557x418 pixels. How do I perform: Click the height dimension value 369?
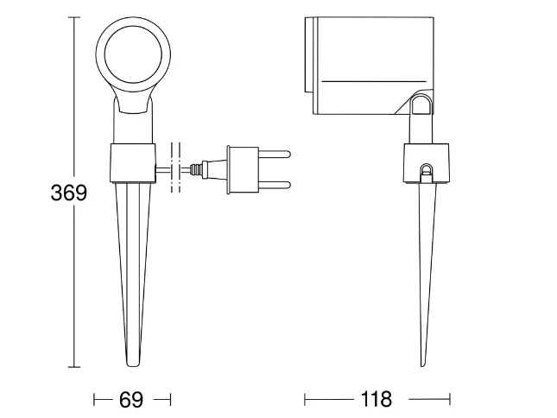coord(69,193)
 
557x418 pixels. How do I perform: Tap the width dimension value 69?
coord(131,400)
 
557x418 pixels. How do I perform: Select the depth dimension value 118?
coord(377,399)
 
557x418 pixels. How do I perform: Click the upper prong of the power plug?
coord(275,155)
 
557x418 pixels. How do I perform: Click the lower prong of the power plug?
coord(275,185)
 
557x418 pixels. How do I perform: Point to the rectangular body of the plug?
coord(243,170)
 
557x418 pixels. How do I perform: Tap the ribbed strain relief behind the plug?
coord(196,170)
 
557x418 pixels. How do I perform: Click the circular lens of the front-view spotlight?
coord(133,57)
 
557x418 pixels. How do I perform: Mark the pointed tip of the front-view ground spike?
coord(133,365)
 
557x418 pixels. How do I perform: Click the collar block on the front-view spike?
coord(133,163)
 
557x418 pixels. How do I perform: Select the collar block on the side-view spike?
coord(426,163)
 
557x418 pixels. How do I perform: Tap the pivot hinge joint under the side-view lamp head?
coord(422,104)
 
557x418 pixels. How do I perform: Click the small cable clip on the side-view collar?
coord(426,174)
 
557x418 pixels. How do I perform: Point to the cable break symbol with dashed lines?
coord(175,168)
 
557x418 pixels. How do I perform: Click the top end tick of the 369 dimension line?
coord(74,17)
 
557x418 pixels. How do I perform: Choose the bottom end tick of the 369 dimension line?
coord(74,367)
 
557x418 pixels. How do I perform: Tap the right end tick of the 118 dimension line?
coord(450,399)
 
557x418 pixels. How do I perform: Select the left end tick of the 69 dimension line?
coord(94,400)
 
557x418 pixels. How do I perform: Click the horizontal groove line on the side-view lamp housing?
coord(374,81)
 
